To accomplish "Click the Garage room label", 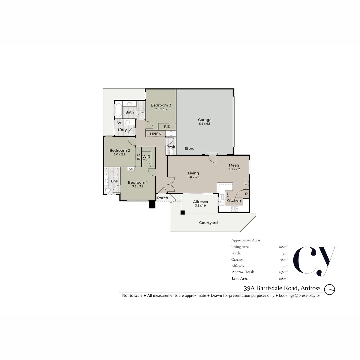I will coord(205,120).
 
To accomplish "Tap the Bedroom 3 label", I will coord(161,105).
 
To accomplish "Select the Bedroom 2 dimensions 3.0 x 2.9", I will coord(119,154).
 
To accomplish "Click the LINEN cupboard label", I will coord(156,134).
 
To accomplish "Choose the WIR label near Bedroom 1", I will coord(146,157).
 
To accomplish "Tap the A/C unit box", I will coord(131,169).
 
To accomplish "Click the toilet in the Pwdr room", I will coord(171,152).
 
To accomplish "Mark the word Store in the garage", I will coord(189,149).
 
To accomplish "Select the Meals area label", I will coord(234,165).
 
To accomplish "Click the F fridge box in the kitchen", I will coord(246,184).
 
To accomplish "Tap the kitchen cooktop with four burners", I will coord(234,209).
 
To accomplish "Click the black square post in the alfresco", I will coord(182,212).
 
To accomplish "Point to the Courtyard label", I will coord(208,223).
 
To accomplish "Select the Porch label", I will coord(163,198).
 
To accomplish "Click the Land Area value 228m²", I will coord(283,278).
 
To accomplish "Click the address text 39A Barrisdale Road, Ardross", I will coord(282,288).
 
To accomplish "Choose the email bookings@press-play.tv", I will coord(299,295).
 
